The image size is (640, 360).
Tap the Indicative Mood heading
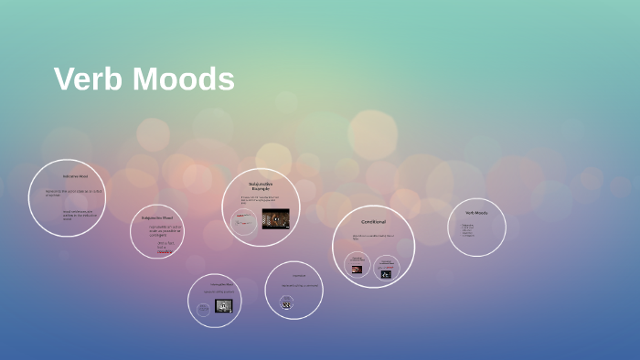[x=75, y=175]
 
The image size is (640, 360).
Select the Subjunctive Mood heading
[x=157, y=218]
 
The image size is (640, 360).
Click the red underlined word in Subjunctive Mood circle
[x=165, y=251]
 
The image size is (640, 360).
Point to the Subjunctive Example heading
[x=261, y=185]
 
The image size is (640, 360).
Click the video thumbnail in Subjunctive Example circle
[x=276, y=218]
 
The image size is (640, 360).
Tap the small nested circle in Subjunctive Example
[x=244, y=221]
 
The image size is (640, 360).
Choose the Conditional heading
[x=373, y=222]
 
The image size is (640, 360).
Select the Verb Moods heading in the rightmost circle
[x=476, y=212]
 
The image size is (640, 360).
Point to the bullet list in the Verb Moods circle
[x=468, y=230]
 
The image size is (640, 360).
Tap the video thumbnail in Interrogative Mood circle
[x=224, y=306]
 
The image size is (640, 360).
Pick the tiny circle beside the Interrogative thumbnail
[x=203, y=310]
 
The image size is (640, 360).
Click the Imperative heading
[x=299, y=275]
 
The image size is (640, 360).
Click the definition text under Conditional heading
[x=373, y=237]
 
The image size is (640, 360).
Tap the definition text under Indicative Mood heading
[x=75, y=194]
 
